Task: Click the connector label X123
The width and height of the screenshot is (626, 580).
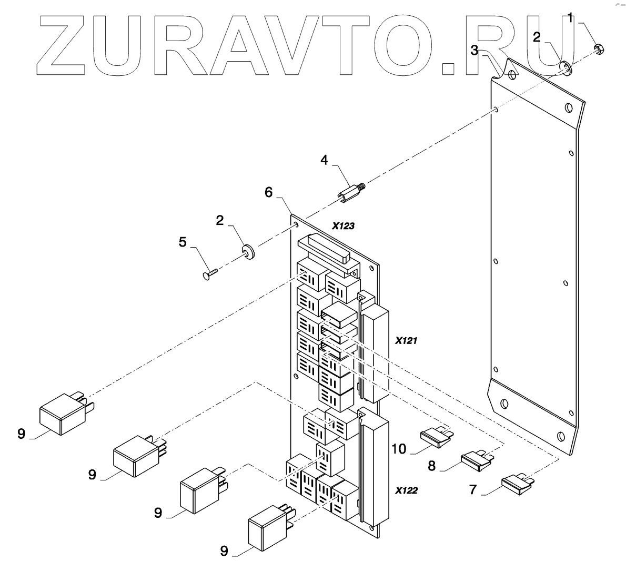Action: [x=343, y=226]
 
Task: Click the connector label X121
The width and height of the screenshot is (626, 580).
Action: [x=406, y=341]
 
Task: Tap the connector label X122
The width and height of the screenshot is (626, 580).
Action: [x=406, y=490]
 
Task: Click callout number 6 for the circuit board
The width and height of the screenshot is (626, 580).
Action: [x=268, y=193]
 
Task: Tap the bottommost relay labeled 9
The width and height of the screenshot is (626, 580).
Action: [x=268, y=527]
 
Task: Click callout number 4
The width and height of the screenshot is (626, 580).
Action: [x=325, y=160]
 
